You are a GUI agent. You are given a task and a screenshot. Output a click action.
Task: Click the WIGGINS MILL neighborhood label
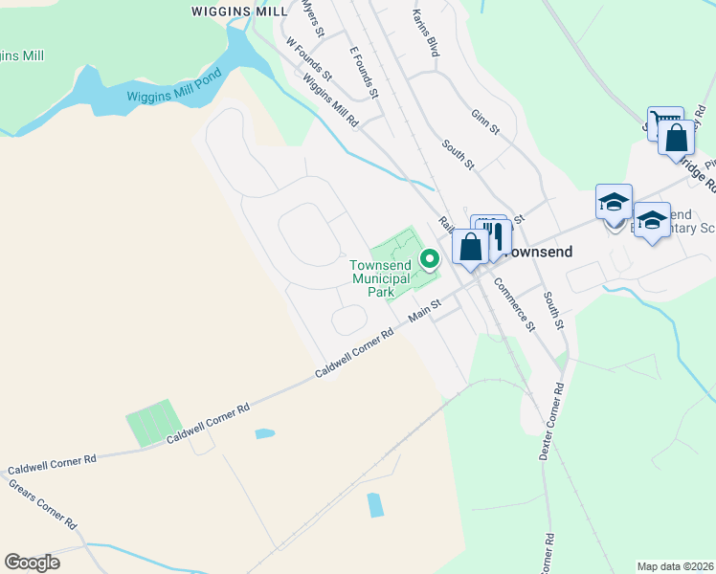238,11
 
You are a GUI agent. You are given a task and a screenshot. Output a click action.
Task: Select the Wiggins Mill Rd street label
330,103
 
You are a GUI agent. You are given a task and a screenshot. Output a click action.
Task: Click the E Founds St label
365,73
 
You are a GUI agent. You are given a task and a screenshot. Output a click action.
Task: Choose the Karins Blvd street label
425,33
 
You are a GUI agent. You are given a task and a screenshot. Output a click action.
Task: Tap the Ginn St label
485,124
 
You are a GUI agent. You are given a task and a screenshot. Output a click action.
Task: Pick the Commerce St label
514,305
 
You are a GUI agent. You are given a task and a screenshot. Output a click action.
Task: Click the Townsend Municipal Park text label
381,278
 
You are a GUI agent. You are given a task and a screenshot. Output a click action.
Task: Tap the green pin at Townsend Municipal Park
431,257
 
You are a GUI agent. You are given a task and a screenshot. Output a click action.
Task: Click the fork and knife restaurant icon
495,238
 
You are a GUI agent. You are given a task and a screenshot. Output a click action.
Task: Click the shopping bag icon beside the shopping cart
676,138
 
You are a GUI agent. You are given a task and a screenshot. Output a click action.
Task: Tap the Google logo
32,563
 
